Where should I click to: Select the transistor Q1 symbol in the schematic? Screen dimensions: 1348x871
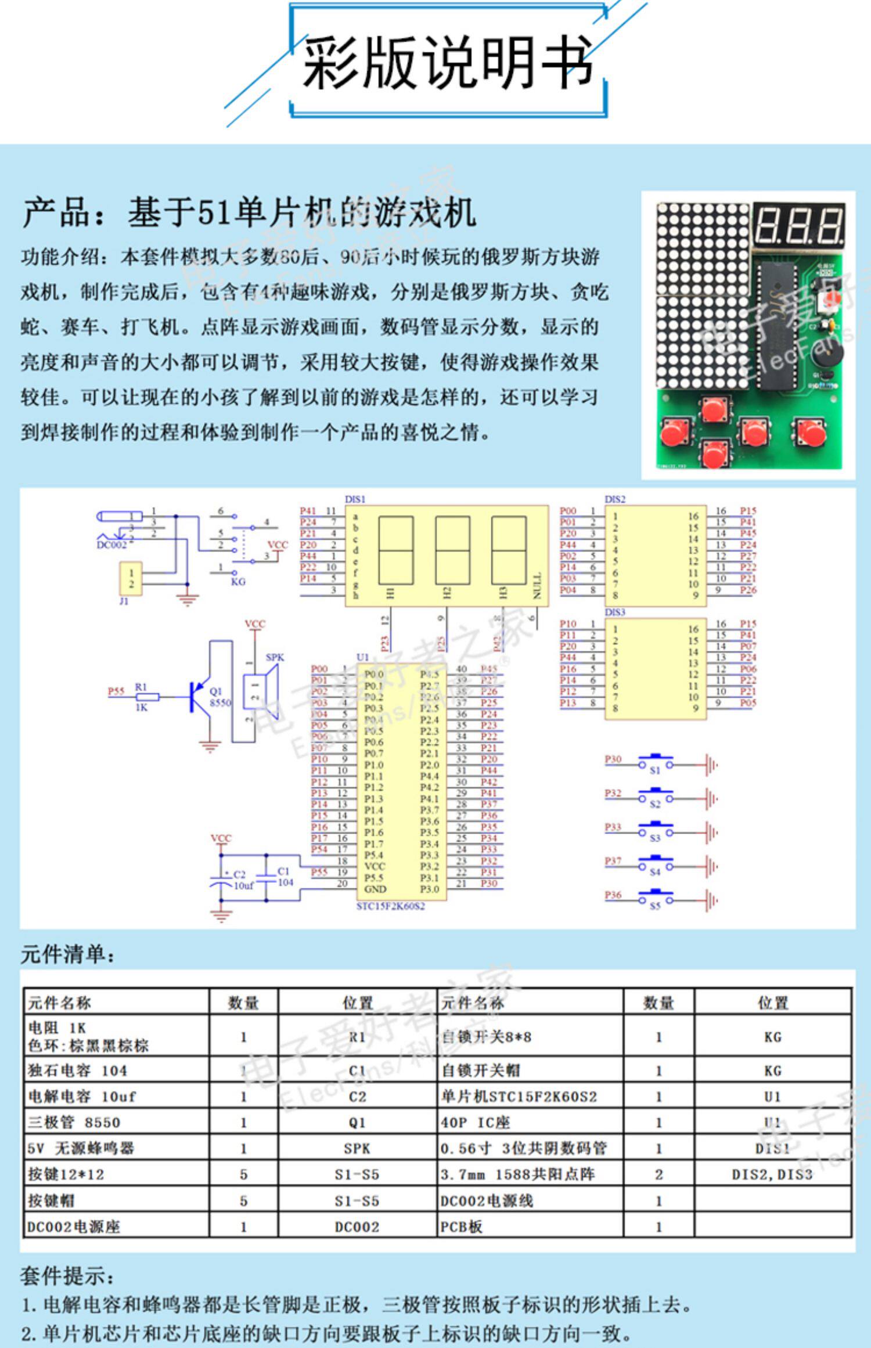[x=197, y=697]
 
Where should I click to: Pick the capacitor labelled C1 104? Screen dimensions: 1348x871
[x=267, y=877]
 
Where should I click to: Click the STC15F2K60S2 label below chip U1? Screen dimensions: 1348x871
[x=390, y=906]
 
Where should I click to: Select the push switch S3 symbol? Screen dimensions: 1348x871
[x=655, y=831]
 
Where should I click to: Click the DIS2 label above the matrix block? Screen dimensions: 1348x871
[x=615, y=499]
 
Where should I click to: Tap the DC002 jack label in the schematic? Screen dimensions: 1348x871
[x=110, y=545]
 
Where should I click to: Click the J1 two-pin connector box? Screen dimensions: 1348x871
[x=131, y=578]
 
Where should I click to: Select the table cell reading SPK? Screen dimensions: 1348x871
[x=357, y=1148]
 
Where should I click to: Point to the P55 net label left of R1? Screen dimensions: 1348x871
[x=116, y=691]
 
